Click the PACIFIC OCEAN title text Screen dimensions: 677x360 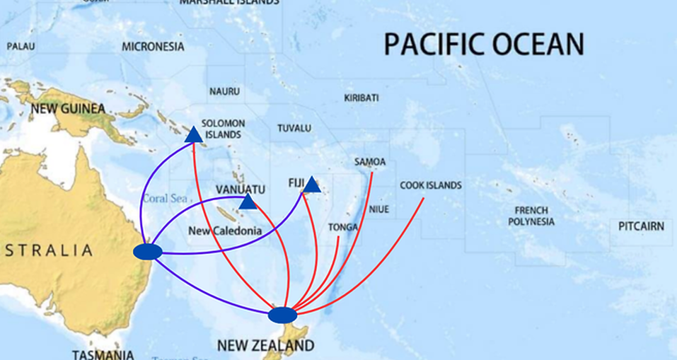[x=484, y=44]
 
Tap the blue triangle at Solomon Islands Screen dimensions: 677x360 [x=194, y=134]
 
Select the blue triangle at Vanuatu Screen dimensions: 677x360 [x=248, y=202]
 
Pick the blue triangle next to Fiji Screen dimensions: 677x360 [x=312, y=185]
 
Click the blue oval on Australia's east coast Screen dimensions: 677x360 [x=147, y=252]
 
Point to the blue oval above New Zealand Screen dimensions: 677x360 [x=282, y=314]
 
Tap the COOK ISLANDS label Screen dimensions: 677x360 [x=430, y=185]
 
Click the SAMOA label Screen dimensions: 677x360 [x=370, y=162]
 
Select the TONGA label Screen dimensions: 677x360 [x=343, y=227]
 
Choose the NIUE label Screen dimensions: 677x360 [x=379, y=209]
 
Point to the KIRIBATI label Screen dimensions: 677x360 [x=361, y=98]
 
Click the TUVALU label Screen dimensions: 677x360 [x=294, y=128]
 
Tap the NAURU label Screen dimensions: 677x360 [x=224, y=91]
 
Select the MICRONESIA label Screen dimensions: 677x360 [x=153, y=47]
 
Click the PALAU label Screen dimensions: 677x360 [x=21, y=47]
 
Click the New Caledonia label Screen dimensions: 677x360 [x=225, y=231]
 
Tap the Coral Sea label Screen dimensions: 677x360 [x=164, y=199]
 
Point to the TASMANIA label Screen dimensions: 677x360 [x=103, y=354]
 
